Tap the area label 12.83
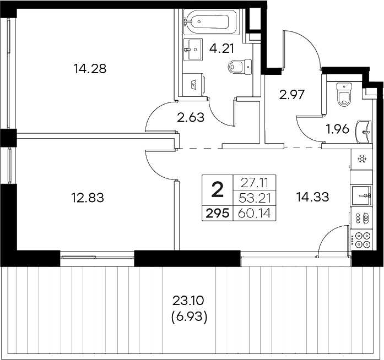tap(88, 197)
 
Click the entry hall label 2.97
tap(293, 95)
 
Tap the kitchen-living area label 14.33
tap(312, 197)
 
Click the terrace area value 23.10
tap(188, 301)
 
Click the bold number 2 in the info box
tap(218, 190)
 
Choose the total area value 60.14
tap(256, 213)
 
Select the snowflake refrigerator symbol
tap(362, 160)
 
